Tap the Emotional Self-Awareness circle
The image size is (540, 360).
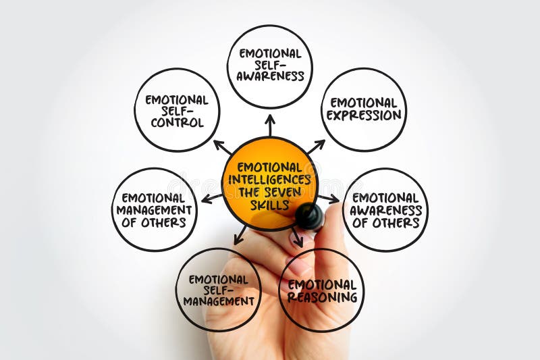[269, 66]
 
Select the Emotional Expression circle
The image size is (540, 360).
[364, 109]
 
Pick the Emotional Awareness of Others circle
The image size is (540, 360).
[385, 209]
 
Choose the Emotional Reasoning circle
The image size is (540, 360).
[321, 290]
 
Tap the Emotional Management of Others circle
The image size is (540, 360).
[154, 209]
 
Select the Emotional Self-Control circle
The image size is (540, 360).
[177, 109]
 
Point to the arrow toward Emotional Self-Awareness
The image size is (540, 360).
[270, 124]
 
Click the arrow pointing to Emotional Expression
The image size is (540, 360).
[315, 147]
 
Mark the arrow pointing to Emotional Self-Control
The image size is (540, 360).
[223, 147]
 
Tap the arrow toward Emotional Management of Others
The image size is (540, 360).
[211, 198]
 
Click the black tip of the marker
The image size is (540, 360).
[309, 215]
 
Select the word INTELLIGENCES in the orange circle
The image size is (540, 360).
[269, 180]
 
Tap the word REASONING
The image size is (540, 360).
[321, 297]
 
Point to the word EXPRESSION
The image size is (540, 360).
[364, 115]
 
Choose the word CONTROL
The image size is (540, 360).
[177, 122]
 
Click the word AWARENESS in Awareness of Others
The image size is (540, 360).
[385, 209]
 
